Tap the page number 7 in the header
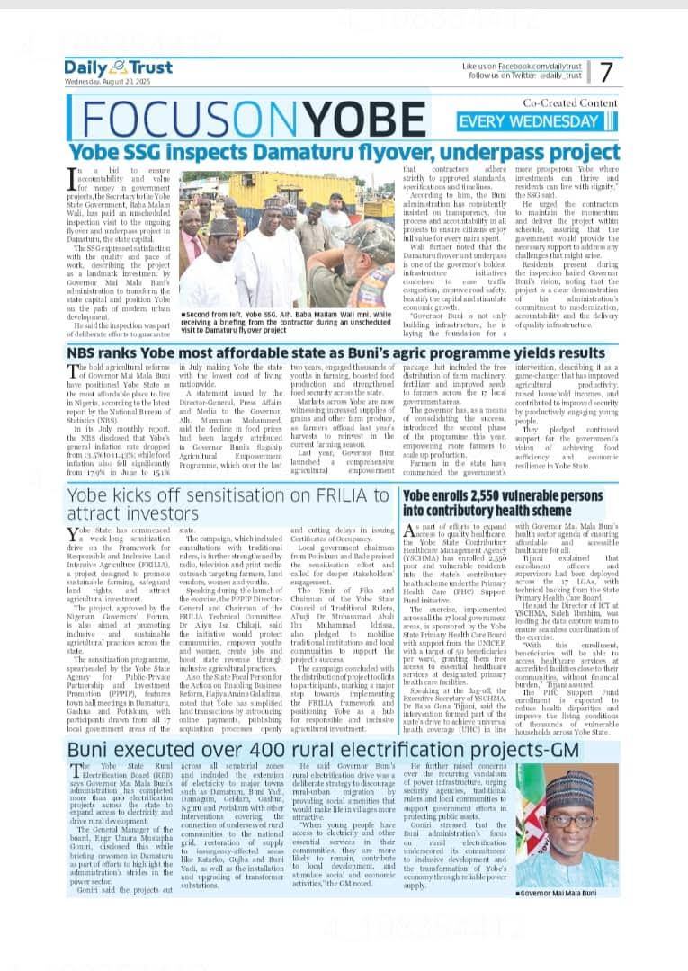tap(607, 72)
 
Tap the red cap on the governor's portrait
tap(570, 792)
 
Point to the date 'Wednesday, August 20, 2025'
tap(108, 82)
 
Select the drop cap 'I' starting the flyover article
tap(71, 177)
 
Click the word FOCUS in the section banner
tap(157, 120)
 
